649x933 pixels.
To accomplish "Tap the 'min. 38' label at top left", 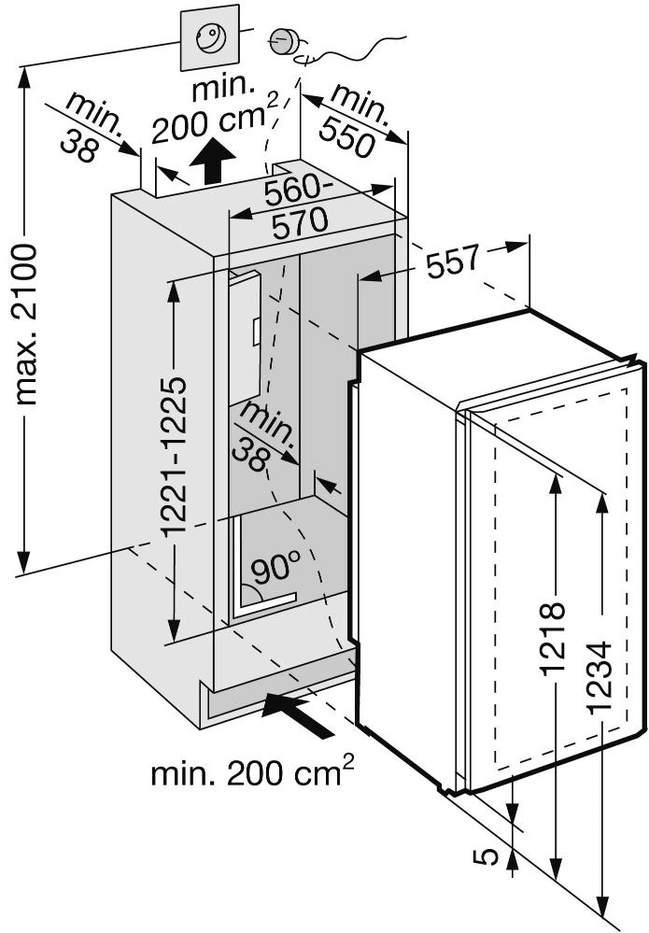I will pos(93,127).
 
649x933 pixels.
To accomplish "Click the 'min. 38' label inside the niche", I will pos(264,435).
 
